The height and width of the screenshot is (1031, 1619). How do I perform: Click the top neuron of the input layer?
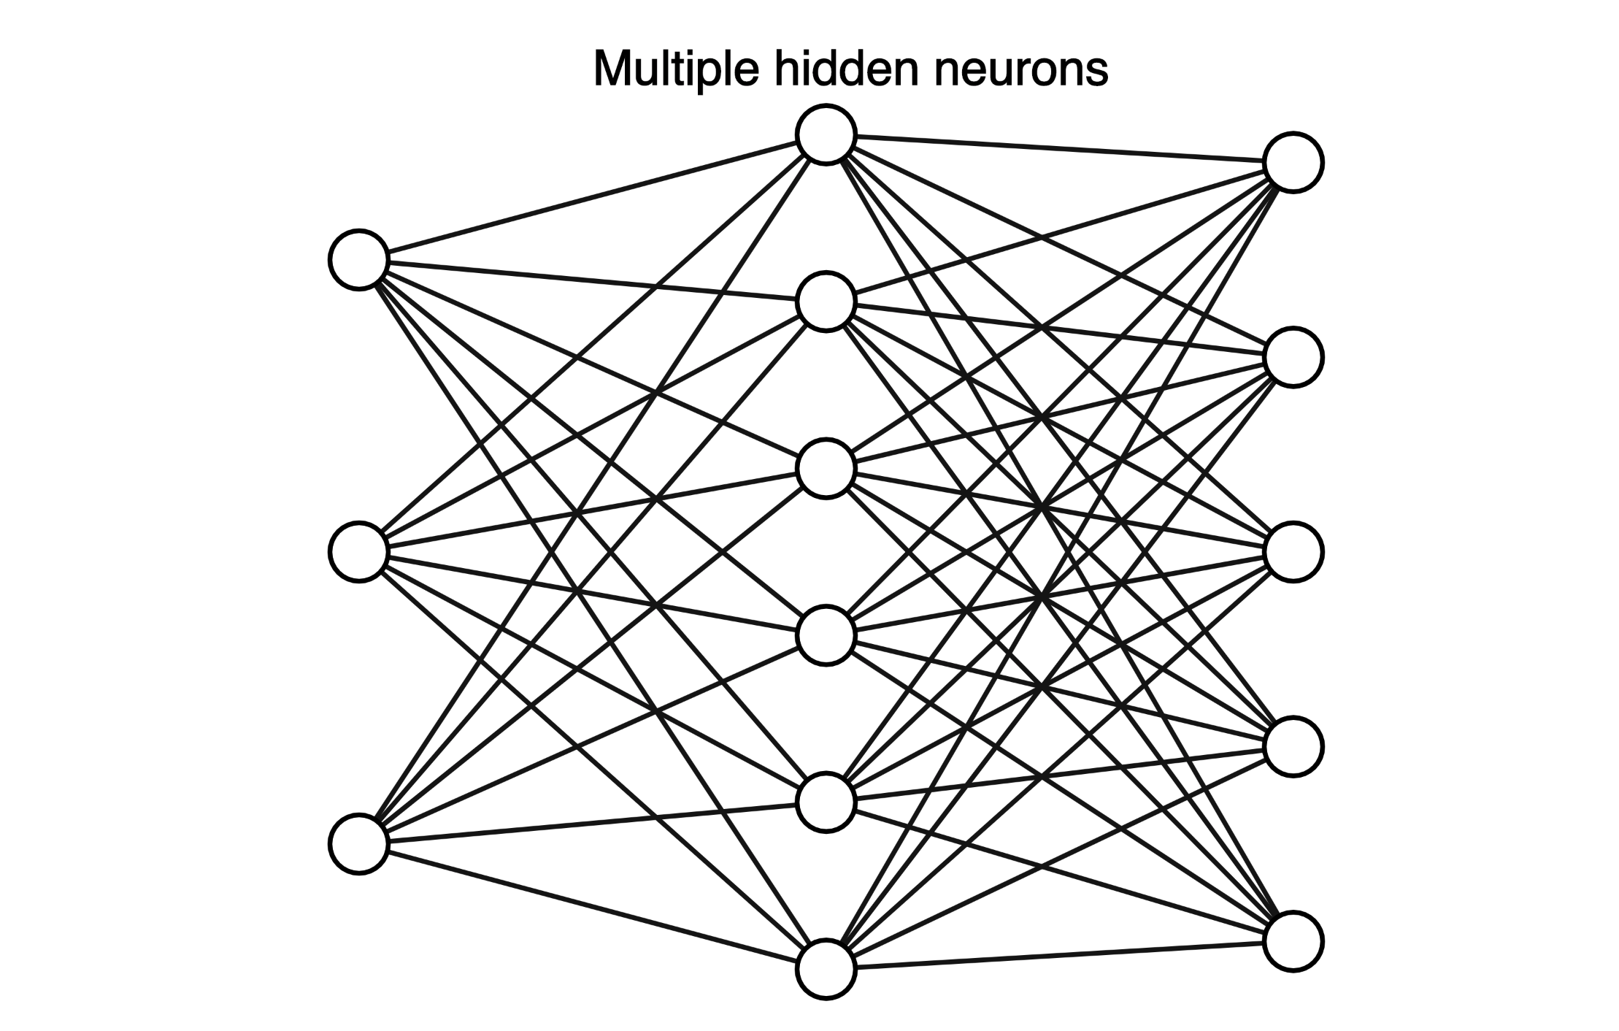pos(358,259)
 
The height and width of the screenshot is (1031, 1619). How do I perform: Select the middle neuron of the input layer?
pos(358,552)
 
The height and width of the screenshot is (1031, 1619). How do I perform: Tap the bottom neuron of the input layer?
pos(358,843)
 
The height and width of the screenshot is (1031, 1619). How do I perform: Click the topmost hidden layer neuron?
pos(826,134)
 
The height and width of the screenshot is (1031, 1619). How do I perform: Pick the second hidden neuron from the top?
pos(826,302)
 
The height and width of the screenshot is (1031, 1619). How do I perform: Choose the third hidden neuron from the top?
pos(826,469)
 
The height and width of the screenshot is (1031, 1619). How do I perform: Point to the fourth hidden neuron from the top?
pos(826,635)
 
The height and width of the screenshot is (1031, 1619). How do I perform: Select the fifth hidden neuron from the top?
pos(826,802)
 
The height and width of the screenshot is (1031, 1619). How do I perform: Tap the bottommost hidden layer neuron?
pos(826,969)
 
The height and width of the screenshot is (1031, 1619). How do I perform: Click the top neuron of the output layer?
pos(1293,162)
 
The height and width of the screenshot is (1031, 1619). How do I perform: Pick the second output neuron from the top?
pos(1293,357)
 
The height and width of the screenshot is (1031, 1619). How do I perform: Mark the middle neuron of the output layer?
pos(1293,552)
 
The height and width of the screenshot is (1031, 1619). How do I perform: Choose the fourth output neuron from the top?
pos(1293,746)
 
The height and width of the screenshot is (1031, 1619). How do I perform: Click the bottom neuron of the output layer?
pos(1293,941)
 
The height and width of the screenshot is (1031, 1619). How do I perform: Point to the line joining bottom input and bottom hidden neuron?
pos(591,906)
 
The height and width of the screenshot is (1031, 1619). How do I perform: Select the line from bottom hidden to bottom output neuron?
pos(1058,955)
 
